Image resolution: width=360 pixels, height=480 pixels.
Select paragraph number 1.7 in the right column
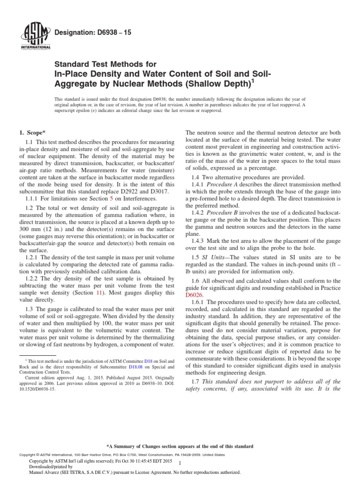pos(196,380)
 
